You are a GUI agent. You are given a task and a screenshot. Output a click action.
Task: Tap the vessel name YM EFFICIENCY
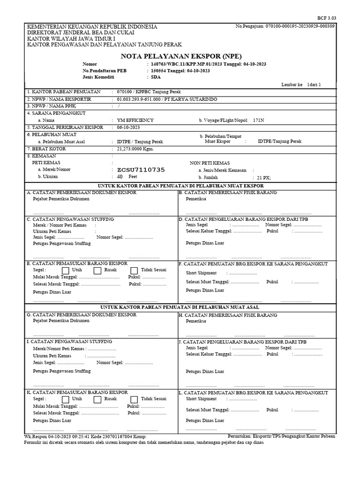coord(135,120)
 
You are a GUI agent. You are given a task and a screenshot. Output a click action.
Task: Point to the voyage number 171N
coord(258,120)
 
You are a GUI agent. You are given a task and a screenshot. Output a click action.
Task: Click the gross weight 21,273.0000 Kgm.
coord(135,149)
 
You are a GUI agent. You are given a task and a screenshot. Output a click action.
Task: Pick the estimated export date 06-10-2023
coord(128,127)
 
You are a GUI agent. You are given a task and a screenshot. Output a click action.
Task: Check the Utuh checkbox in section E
coord(66,270)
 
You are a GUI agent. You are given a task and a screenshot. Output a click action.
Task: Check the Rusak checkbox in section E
coord(97,270)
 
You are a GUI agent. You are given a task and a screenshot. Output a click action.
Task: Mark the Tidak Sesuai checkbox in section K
coord(134,399)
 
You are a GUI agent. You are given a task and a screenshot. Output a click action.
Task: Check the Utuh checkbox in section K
coord(66,399)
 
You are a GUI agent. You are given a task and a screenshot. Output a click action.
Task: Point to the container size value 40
coord(120,177)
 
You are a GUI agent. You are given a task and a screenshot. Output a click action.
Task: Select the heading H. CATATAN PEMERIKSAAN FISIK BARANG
coord(228,315)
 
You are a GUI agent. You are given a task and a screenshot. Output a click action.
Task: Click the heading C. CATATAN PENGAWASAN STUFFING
coord(70,219)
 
